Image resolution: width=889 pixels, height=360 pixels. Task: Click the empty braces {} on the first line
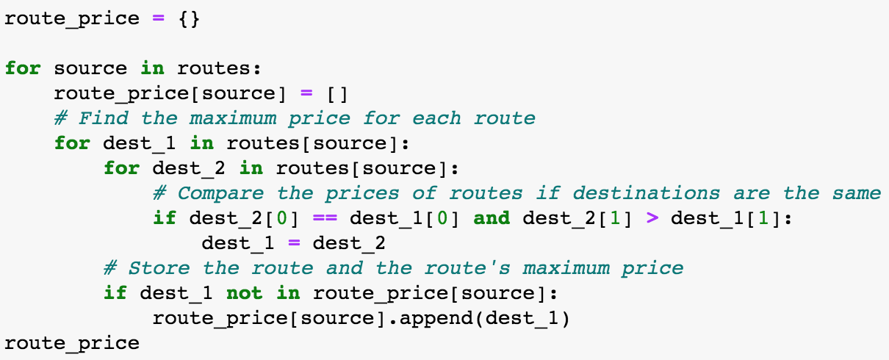click(x=189, y=19)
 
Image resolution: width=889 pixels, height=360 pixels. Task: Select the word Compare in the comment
click(x=220, y=194)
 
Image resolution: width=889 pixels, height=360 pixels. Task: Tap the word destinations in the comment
click(x=646, y=193)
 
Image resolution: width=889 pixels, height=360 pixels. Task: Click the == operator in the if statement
click(x=325, y=218)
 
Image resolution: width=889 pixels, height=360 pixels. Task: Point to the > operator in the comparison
click(x=652, y=218)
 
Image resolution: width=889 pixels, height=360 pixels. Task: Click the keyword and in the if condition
click(x=492, y=218)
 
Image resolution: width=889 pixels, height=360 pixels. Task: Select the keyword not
click(x=244, y=293)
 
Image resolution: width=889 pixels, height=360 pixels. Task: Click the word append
click(x=436, y=319)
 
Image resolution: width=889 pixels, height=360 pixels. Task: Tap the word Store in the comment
click(x=159, y=268)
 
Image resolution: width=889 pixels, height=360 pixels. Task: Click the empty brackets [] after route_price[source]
click(x=337, y=94)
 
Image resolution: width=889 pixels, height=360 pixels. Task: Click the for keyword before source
click(x=23, y=68)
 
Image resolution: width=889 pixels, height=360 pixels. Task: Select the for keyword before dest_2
click(x=121, y=168)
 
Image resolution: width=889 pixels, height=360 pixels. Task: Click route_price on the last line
click(x=72, y=344)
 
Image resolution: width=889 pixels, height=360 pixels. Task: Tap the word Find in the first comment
click(x=103, y=118)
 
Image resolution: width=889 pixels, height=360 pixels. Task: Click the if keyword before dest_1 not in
click(x=115, y=293)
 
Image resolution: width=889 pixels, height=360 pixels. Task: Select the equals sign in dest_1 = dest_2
click(x=294, y=243)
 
